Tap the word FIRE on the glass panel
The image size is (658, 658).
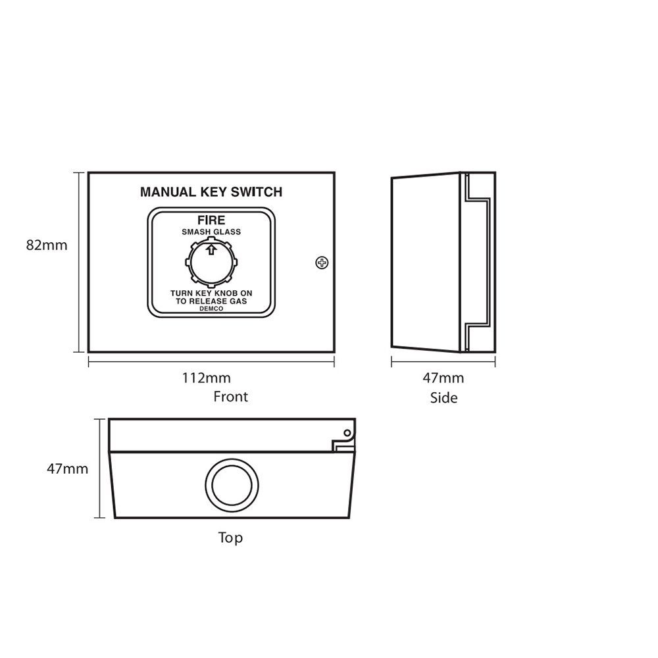click(x=211, y=220)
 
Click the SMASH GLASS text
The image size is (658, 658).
click(x=211, y=232)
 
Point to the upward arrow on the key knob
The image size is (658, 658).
click(x=211, y=249)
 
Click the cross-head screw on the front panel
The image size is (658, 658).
click(x=322, y=262)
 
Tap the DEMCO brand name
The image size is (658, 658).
click(x=211, y=309)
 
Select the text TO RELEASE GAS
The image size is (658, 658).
click(x=211, y=301)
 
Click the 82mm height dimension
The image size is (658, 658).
click(x=47, y=245)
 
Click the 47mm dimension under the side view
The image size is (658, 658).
click(x=443, y=378)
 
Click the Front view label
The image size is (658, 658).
click(x=231, y=397)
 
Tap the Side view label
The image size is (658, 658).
click(x=443, y=397)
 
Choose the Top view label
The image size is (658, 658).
click(x=230, y=538)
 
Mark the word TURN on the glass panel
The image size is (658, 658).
click(x=181, y=293)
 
